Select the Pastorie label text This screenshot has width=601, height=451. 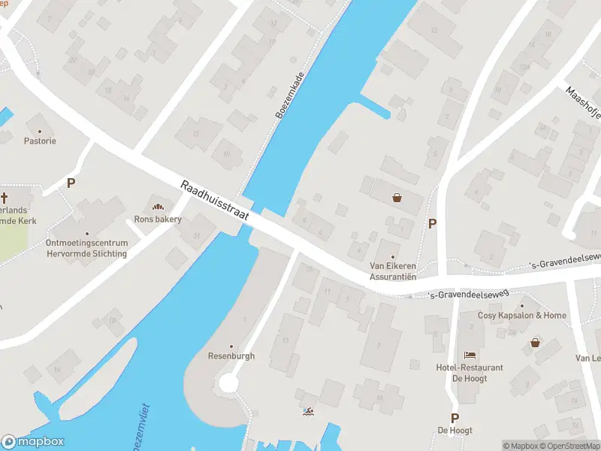(40, 141)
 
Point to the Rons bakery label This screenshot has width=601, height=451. (158, 219)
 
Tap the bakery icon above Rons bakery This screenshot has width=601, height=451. (158, 207)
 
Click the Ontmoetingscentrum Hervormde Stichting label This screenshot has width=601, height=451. (86, 248)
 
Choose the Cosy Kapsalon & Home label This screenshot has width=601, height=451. (522, 315)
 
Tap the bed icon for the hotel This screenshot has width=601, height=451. (470, 354)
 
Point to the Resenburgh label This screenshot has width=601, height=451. (231, 356)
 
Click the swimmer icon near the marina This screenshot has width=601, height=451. (307, 412)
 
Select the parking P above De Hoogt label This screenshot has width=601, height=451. (455, 418)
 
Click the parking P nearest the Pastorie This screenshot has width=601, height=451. (71, 183)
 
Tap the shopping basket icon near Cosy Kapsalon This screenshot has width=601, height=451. (536, 343)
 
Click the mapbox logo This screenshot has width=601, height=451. (33, 442)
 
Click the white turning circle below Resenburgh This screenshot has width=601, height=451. (228, 384)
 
